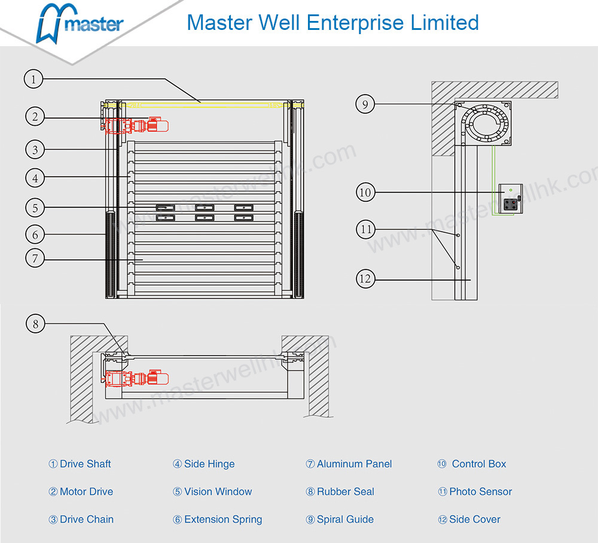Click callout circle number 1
pyautogui.click(x=34, y=79)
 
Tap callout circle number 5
pyautogui.click(x=35, y=208)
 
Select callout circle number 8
pyautogui.click(x=35, y=324)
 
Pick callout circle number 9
pyautogui.click(x=365, y=104)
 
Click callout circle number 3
pyautogui.click(x=35, y=149)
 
